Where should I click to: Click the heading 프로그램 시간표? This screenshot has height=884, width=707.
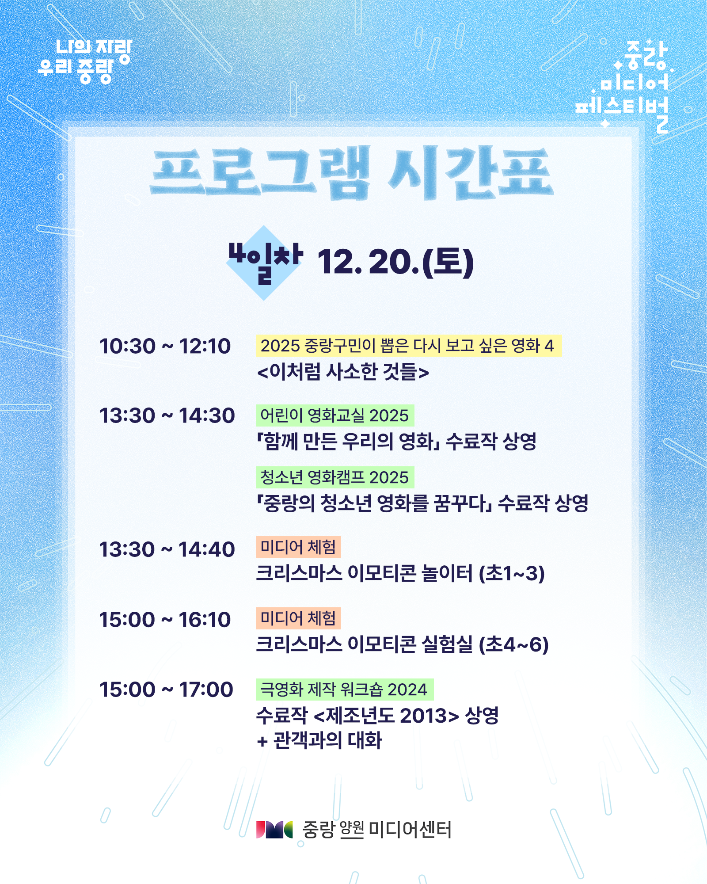tap(351, 173)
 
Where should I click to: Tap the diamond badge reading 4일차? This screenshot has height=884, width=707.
tap(264, 263)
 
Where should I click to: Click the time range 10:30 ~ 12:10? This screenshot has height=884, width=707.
tap(165, 346)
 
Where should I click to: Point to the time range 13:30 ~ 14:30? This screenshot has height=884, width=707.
tap(167, 415)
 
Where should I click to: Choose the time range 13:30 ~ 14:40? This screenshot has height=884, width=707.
tap(167, 549)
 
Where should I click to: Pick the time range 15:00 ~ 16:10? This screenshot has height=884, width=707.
tap(165, 620)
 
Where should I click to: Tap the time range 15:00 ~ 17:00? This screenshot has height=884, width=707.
tap(166, 690)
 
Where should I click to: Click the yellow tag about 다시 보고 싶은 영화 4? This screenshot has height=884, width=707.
tap(409, 346)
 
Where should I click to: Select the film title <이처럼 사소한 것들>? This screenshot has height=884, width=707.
tap(343, 372)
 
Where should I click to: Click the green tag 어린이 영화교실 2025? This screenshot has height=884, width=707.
tap(335, 415)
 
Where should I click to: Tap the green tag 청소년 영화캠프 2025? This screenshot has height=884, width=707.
tap(335, 477)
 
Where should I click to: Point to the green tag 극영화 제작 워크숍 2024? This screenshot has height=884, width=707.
tap(345, 690)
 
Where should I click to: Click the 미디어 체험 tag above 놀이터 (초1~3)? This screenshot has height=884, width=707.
tap(298, 547)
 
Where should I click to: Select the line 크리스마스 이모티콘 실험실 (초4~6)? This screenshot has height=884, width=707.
tap(403, 644)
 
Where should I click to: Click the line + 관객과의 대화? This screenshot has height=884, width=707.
tap(319, 741)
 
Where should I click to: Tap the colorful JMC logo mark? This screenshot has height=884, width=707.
tap(274, 830)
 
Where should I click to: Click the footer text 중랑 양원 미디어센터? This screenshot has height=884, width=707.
tap(377, 830)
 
